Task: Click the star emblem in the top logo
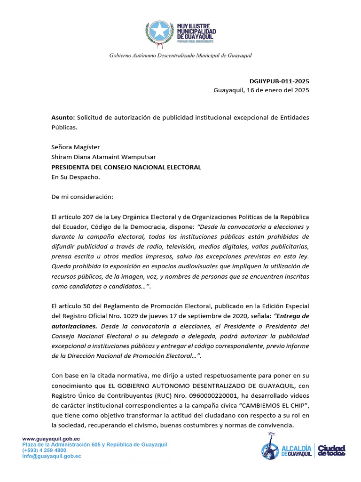point(160,31)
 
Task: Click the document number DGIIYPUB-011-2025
point(279,81)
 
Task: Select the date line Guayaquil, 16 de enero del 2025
point(261,90)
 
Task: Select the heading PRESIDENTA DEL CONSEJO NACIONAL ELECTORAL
point(126,167)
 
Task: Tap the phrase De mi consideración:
point(82,197)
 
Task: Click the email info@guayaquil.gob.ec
point(52,456)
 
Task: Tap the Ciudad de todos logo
point(332,450)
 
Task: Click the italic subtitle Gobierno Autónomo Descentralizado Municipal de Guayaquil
point(180,56)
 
